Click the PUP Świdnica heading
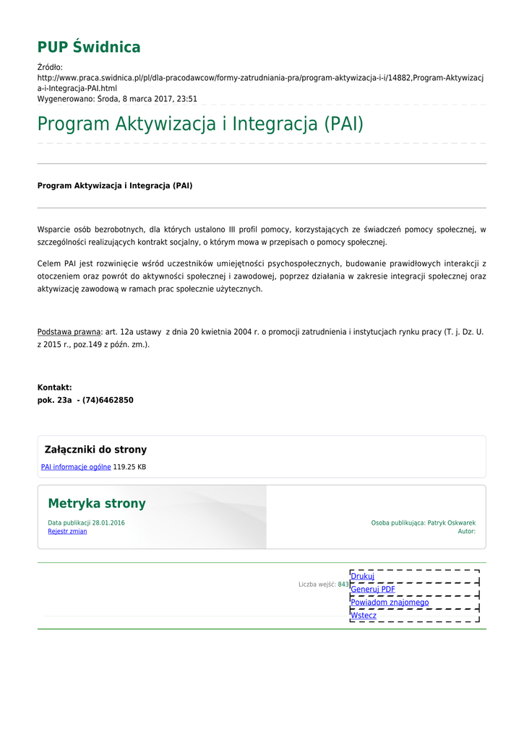(89, 48)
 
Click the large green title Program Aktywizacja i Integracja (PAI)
(200, 124)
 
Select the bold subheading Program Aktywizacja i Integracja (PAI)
(115, 185)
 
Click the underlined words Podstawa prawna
(69, 332)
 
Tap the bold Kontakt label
(54, 388)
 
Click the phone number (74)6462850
(108, 400)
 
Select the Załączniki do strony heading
(95, 450)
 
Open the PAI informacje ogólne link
(76, 467)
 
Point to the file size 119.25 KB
(129, 467)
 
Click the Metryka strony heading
(97, 504)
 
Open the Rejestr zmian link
(67, 531)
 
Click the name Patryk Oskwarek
(451, 522)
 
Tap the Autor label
(466, 531)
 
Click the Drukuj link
(362, 576)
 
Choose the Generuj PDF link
(373, 589)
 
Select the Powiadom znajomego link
(390, 602)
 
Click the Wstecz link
(364, 615)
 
